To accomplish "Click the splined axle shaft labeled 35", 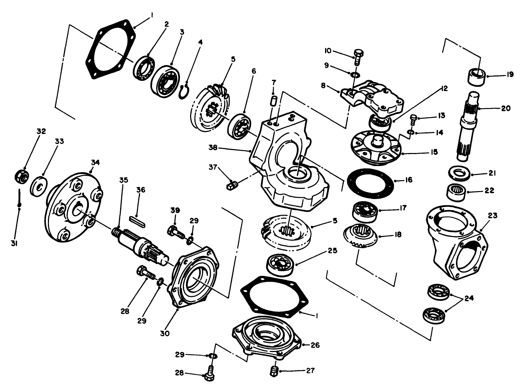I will click(x=141, y=243).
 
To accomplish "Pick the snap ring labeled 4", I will click(x=184, y=91).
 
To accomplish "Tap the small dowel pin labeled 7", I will click(x=275, y=100).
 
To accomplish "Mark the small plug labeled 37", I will click(x=231, y=186).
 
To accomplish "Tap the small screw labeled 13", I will click(x=413, y=119).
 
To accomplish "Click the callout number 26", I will click(x=315, y=345).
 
